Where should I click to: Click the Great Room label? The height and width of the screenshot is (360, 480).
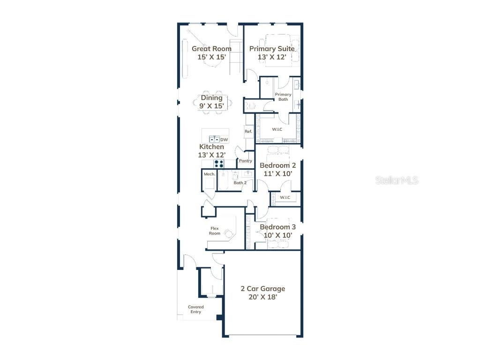[x=211, y=49]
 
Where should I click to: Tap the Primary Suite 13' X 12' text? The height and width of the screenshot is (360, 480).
[x=272, y=53]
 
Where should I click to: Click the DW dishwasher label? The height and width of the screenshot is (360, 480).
[x=224, y=139]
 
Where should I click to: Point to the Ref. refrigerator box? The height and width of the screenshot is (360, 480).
[x=248, y=132]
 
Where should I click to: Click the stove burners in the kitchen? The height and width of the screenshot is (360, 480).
[x=219, y=164]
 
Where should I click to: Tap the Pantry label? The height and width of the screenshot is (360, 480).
[x=246, y=161]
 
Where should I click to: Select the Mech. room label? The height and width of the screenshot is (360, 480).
[x=209, y=174]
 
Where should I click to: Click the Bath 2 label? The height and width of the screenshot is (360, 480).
[x=240, y=183]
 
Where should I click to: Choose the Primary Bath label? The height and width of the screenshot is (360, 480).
[x=283, y=97]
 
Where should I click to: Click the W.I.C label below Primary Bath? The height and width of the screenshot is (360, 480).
[x=277, y=129]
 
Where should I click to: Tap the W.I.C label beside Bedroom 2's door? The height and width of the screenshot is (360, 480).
[x=285, y=197]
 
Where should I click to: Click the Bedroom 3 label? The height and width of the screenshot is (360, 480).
[x=277, y=227]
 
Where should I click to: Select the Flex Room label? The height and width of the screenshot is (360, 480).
[x=215, y=231]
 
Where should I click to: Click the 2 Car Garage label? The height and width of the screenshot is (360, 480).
[x=263, y=289]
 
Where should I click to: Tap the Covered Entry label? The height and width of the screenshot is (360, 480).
[x=196, y=309]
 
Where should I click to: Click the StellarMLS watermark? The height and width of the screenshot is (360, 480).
[x=397, y=180]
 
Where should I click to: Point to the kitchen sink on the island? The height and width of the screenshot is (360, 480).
[x=214, y=139]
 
